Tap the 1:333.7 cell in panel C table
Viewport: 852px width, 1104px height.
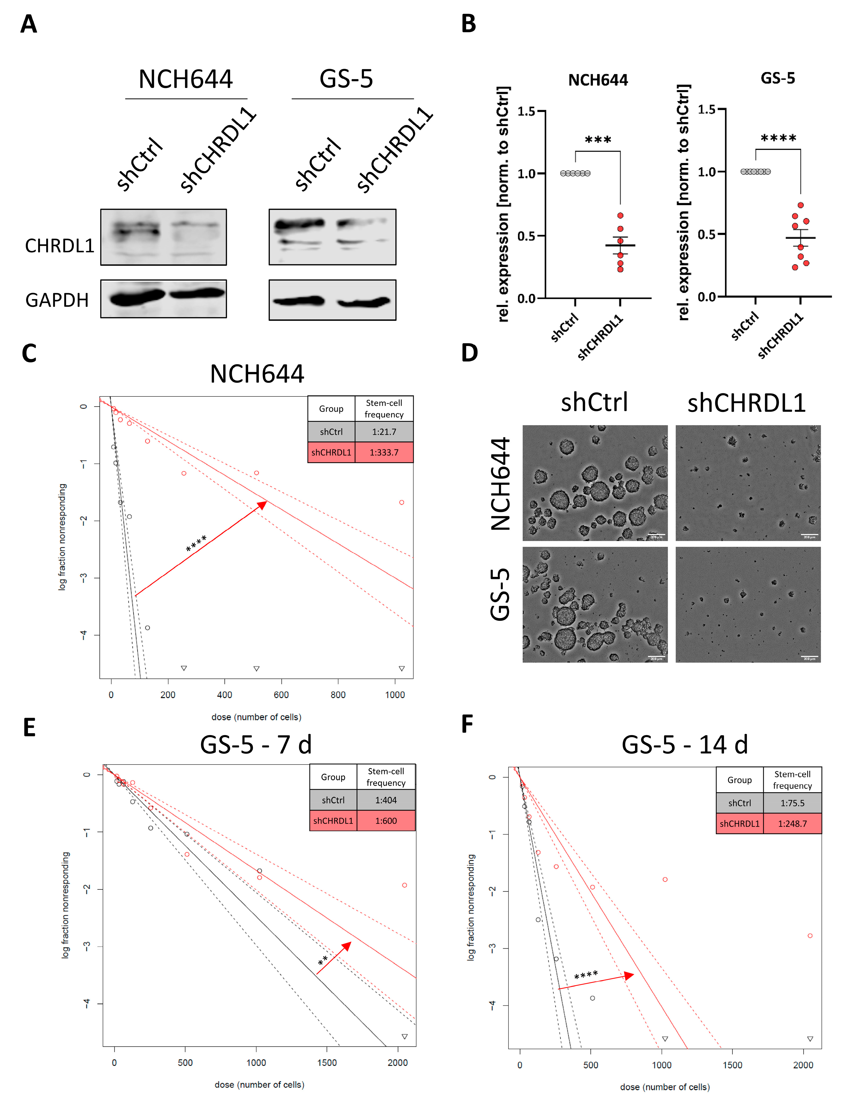click(384, 452)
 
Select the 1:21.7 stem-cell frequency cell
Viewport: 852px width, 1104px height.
click(384, 432)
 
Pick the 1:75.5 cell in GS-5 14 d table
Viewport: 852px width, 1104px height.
click(792, 803)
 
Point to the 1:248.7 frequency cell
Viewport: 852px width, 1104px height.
click(792, 824)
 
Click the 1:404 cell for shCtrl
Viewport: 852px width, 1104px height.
click(385, 800)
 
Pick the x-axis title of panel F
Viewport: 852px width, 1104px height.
click(665, 1087)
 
